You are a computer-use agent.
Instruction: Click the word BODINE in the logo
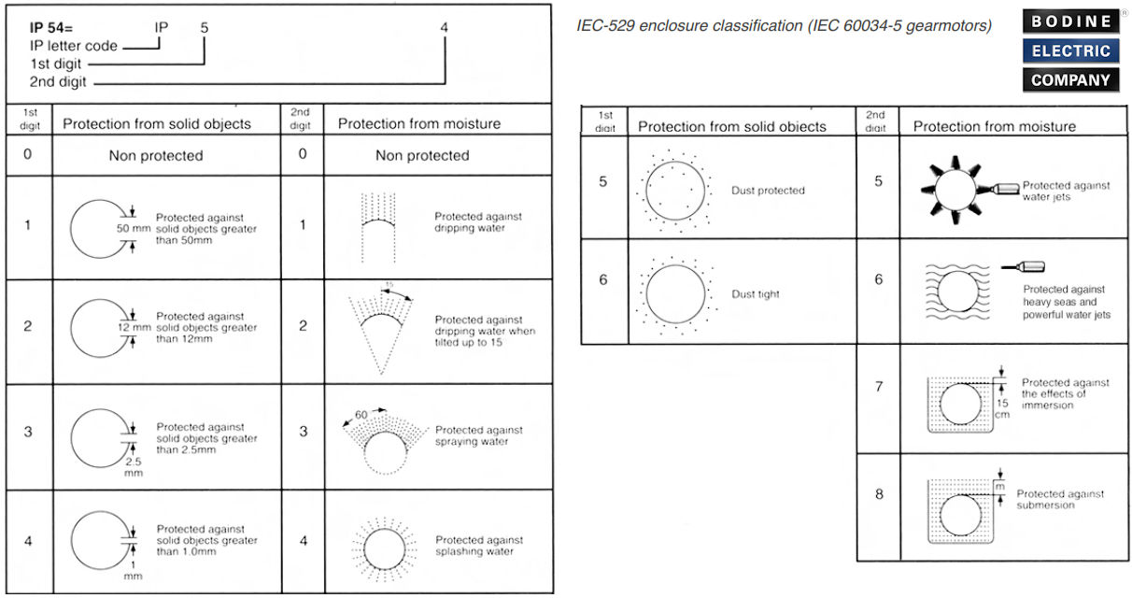pyautogui.click(x=1071, y=21)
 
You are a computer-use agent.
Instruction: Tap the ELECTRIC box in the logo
pyautogui.click(x=1071, y=50)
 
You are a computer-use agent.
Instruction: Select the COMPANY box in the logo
pyautogui.click(x=1071, y=79)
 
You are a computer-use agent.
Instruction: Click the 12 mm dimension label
pyautogui.click(x=134, y=328)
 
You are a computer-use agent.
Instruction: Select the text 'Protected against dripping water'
pyautogui.click(x=478, y=221)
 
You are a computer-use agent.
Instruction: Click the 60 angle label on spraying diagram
pyautogui.click(x=361, y=412)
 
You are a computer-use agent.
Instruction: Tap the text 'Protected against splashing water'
pyautogui.click(x=479, y=546)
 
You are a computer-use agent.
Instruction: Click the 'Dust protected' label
pyautogui.click(x=768, y=191)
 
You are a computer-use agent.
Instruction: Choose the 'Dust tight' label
pyautogui.click(x=756, y=293)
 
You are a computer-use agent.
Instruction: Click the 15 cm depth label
pyautogui.click(x=1002, y=408)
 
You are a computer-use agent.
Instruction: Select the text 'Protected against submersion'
pyautogui.click(x=1060, y=499)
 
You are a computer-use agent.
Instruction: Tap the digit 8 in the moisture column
pyautogui.click(x=879, y=493)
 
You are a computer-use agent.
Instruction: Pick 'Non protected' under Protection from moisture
pyautogui.click(x=422, y=156)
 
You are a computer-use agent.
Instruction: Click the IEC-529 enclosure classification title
pyautogui.click(x=785, y=25)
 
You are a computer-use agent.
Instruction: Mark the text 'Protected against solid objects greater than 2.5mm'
pyautogui.click(x=206, y=438)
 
